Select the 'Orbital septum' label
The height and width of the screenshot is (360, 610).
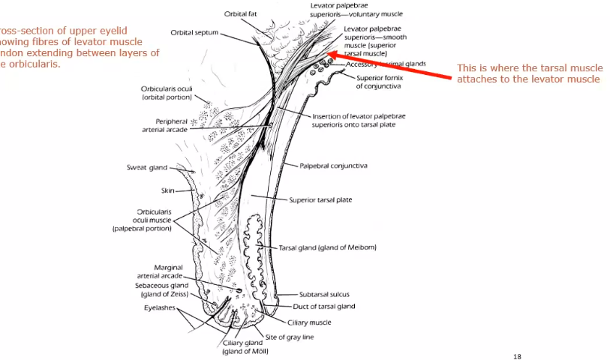tap(194, 32)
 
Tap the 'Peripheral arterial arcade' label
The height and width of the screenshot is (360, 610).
tap(164, 125)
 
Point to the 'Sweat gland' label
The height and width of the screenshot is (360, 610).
tap(146, 168)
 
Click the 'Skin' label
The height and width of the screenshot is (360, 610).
tap(167, 191)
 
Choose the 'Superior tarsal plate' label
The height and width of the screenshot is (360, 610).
tap(320, 200)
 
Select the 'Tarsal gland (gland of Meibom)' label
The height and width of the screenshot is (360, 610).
tap(327, 247)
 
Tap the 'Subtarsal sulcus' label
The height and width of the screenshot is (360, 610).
tap(325, 295)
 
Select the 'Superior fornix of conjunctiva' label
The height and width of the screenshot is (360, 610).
tap(378, 82)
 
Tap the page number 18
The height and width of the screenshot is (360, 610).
tap(517, 356)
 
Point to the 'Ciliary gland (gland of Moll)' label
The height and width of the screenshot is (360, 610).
tap(245, 347)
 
